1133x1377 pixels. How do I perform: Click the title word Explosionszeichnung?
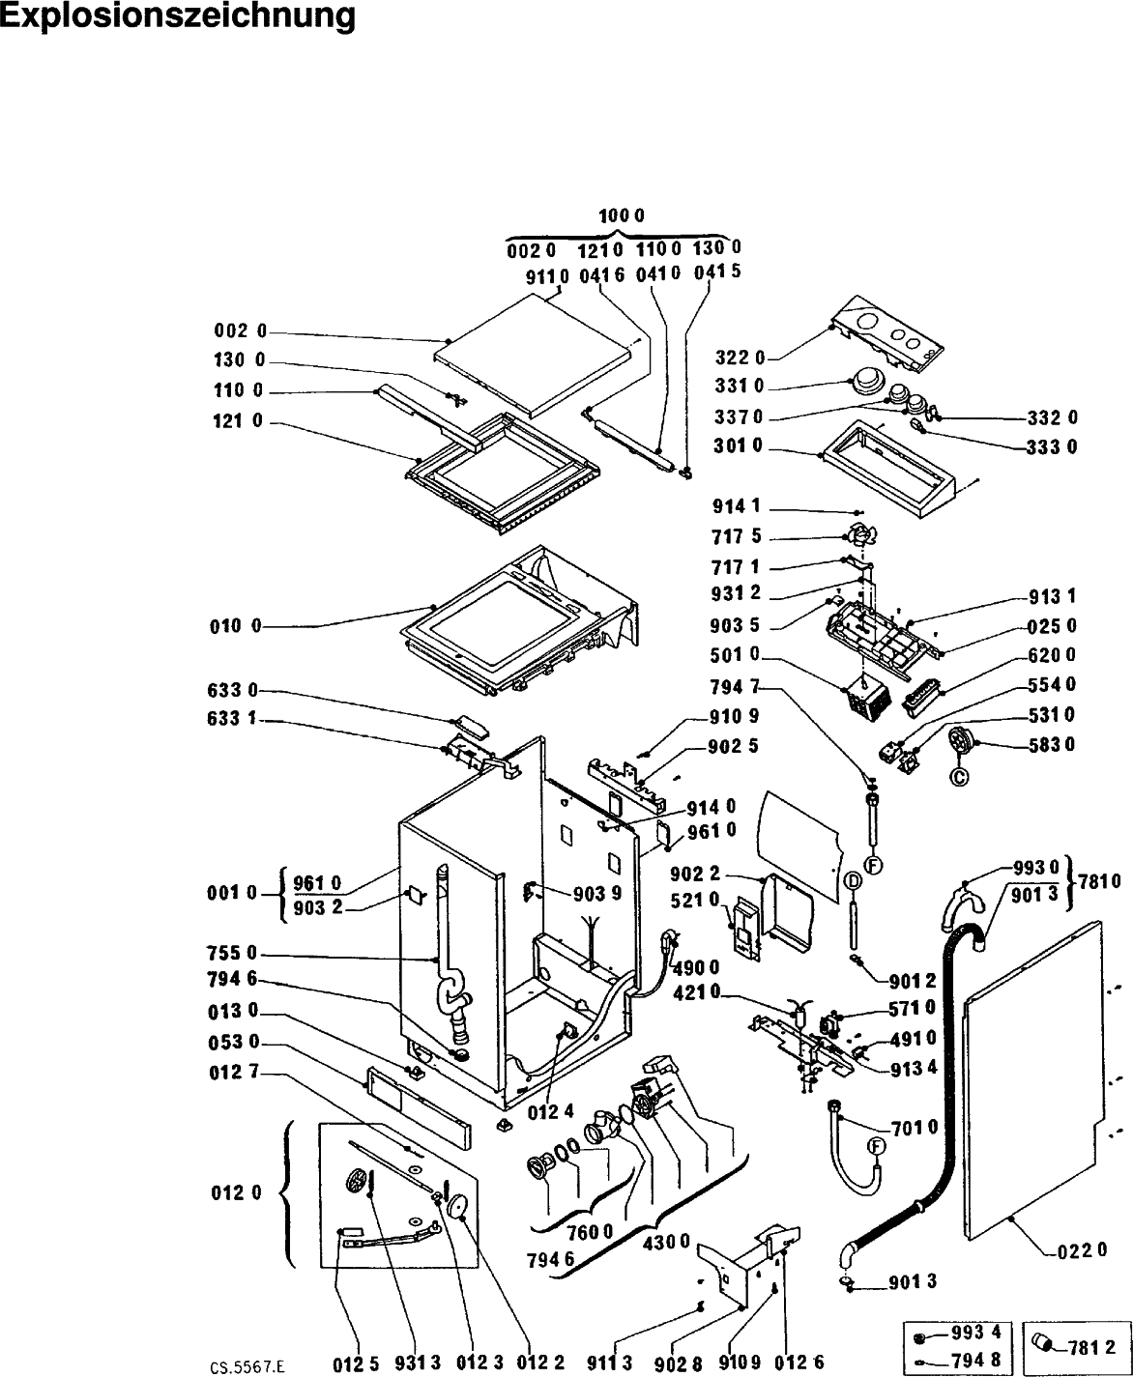pos(177,16)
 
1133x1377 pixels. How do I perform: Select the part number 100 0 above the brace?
pos(622,215)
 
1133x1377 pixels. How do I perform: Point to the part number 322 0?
pos(740,358)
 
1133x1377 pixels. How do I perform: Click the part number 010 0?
pos(235,626)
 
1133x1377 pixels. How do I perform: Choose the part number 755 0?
pos(233,953)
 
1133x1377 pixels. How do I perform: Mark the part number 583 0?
pos(1052,744)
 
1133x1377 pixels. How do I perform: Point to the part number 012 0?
pos(236,1192)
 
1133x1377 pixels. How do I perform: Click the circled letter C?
pos(959,776)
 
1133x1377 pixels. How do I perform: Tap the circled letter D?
pos(854,881)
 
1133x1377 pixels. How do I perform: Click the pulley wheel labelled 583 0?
pos(961,741)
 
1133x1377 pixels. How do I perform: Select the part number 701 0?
pos(915,1127)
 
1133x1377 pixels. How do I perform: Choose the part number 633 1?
pos(232,719)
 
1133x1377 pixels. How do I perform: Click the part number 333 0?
pos(1052,447)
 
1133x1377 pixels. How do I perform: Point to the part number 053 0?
pos(234,1042)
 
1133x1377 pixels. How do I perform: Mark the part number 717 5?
pos(737,536)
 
